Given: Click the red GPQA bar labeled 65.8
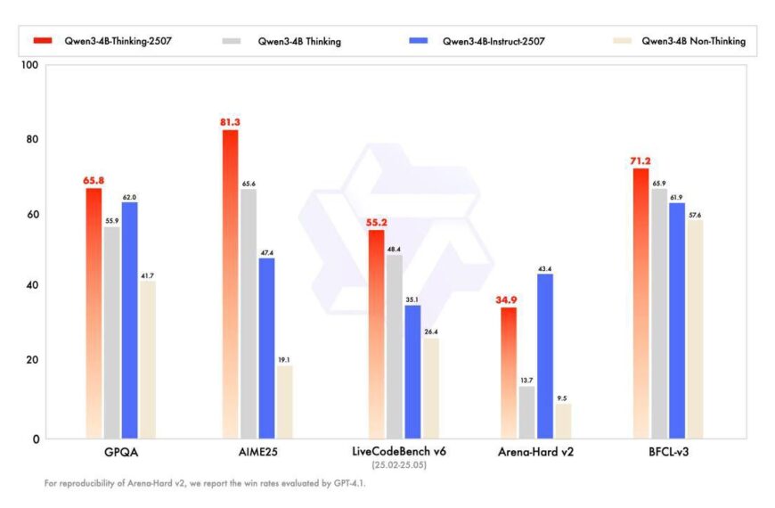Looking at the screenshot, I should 94,312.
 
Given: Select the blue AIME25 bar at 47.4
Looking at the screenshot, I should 266,348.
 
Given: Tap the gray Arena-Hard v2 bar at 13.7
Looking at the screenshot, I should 527,412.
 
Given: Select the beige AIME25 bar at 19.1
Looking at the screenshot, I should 284,401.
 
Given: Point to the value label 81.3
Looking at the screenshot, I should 230,121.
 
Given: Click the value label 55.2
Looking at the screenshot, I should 377,222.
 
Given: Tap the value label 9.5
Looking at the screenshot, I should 563,397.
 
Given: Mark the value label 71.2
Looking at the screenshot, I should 640,160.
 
